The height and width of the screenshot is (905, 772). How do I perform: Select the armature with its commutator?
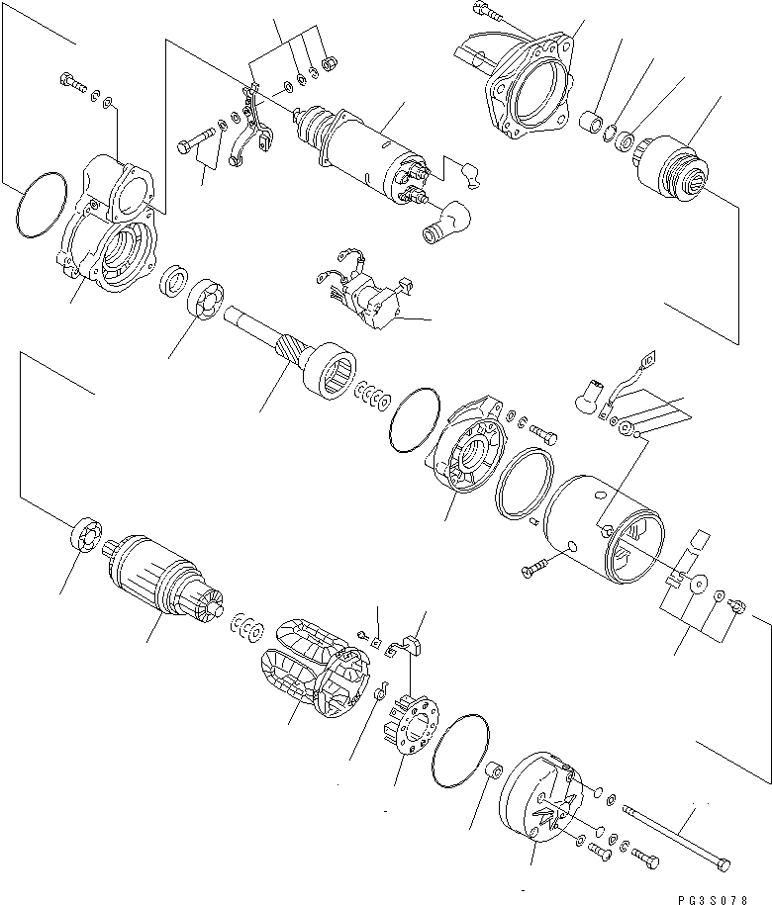(163, 587)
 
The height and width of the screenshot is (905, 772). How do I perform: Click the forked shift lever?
(252, 129)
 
